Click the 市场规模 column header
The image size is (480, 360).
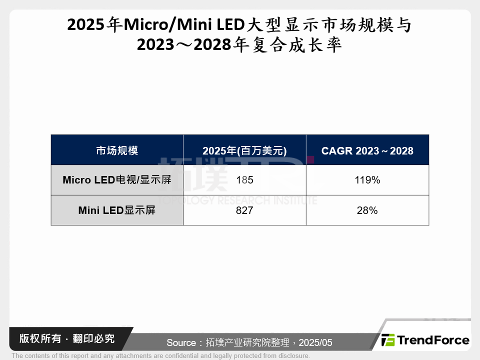[x=117, y=150]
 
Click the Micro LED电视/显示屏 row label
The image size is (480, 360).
[x=117, y=180]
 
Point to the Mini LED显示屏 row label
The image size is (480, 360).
[x=117, y=210]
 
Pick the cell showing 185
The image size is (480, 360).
[x=244, y=180]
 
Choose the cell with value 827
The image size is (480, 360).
[x=244, y=210]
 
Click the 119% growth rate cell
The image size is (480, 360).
[x=367, y=180]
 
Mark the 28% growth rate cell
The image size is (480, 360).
[x=367, y=210]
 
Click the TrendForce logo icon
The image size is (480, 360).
[x=388, y=340]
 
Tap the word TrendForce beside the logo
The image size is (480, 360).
[x=433, y=340]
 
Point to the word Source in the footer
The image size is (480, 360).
[x=181, y=343]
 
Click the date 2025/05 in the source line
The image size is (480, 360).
[x=315, y=343]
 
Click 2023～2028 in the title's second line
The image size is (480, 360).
[x=182, y=45]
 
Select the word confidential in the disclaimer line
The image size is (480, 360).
[x=184, y=356]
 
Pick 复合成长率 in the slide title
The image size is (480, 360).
[x=297, y=45]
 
